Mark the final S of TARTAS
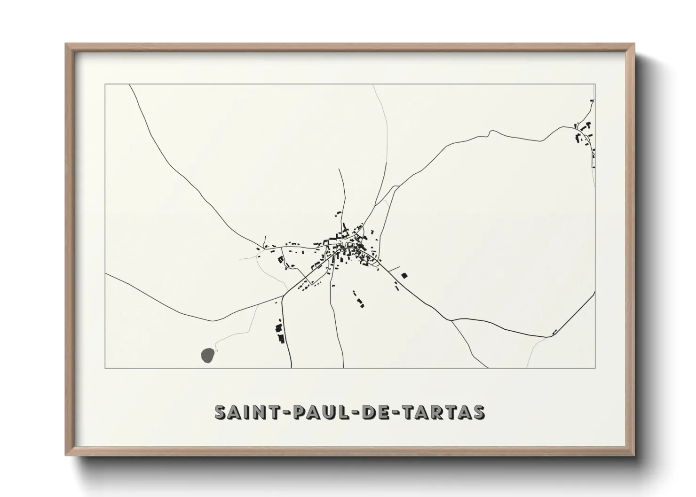click(479, 412)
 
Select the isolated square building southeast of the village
click(404, 275)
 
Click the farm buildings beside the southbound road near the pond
click(280, 331)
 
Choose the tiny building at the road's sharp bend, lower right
click(555, 332)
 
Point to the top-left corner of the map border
click(105, 85)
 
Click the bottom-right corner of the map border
click(595, 368)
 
